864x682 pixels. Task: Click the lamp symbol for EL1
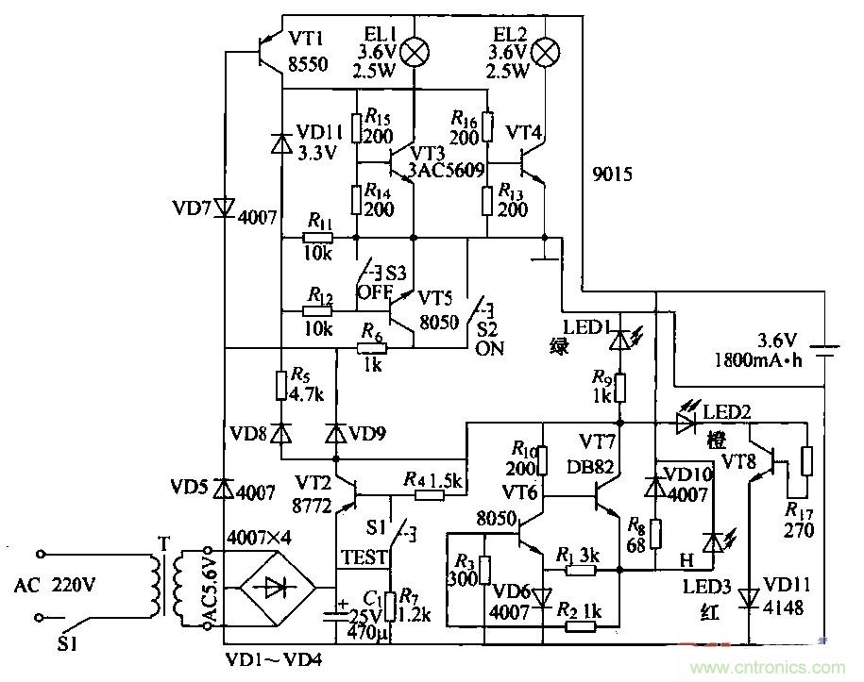(x=413, y=53)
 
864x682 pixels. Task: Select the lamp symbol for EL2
(x=545, y=53)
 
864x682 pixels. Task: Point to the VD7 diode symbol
(x=225, y=207)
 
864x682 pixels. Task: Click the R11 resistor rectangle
(x=319, y=237)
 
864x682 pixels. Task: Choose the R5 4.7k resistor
(x=281, y=385)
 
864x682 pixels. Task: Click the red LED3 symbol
(x=713, y=541)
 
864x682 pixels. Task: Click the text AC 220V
(x=55, y=585)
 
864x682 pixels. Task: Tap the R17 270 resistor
(x=805, y=462)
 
